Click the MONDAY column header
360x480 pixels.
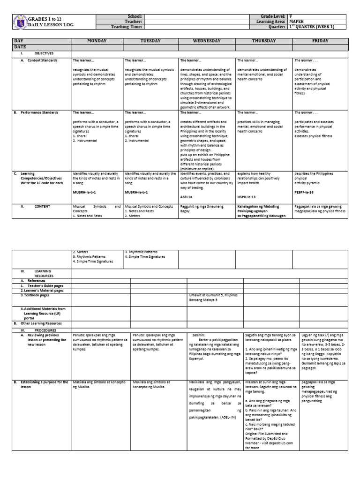click(x=97, y=41)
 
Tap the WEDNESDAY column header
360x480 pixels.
click(x=207, y=41)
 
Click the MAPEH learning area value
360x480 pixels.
click(x=297, y=22)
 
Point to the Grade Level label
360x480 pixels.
click(x=273, y=16)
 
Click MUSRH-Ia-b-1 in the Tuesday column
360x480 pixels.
click(x=136, y=193)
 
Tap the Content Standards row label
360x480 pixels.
click(x=42, y=60)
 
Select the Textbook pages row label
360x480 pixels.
click(x=35, y=295)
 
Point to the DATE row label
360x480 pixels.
click(x=20, y=47)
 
